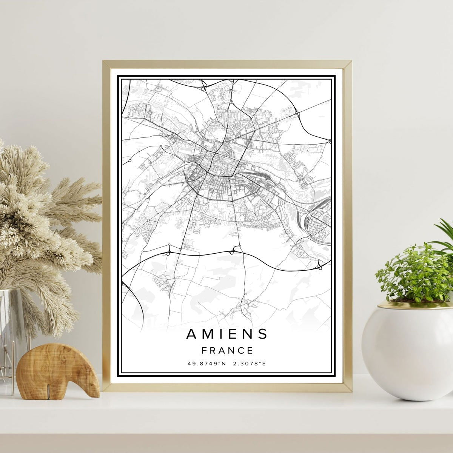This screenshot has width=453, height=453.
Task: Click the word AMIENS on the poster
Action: click(227, 334)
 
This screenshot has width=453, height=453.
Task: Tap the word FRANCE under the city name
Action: click(227, 351)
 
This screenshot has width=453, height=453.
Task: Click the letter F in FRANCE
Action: click(204, 351)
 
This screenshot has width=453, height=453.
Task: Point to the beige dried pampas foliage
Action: click(42, 211)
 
